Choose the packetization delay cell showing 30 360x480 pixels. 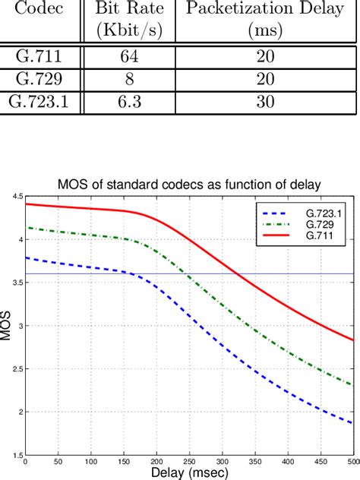pyautogui.click(x=264, y=102)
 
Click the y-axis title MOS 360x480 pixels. pyautogui.click(x=7, y=326)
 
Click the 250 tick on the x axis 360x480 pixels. pyautogui.click(x=189, y=461)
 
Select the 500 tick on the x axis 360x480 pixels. pyautogui.click(x=352, y=461)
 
